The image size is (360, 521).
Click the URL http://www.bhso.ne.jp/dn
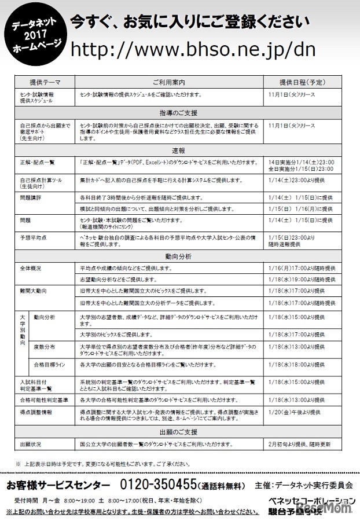coord(193,50)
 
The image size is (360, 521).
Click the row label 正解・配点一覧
coord(37,162)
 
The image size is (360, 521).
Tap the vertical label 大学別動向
coord(23,330)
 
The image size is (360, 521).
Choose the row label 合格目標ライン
coord(49,366)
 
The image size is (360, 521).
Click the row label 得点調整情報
coord(35,412)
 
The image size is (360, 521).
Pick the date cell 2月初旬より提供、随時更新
coord(300,444)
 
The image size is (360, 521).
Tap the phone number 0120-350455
coord(157,484)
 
